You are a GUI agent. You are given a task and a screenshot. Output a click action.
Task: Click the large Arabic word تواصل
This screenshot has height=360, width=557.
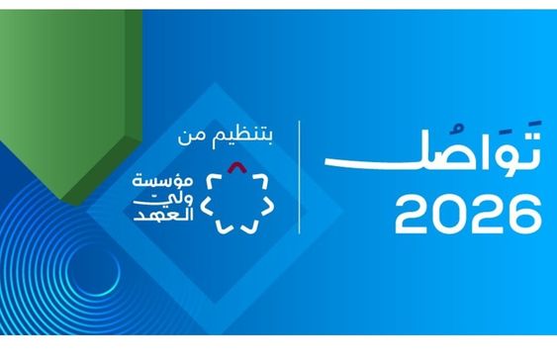pos(432,148)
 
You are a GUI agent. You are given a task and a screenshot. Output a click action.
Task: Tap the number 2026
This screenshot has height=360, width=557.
pos(468,214)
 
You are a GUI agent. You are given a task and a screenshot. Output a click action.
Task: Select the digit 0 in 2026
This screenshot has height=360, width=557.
pos(449,214)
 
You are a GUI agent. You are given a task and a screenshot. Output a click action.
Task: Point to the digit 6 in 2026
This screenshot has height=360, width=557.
pos(524,214)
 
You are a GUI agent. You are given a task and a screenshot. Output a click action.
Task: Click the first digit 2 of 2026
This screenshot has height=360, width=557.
pos(412,214)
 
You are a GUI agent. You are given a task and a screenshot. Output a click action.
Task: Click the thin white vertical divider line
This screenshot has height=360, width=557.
pos(300,177)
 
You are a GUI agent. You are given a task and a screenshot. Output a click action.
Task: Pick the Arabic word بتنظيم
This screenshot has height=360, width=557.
pos(242,137)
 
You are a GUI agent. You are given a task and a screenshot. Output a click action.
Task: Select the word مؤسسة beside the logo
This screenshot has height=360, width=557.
pos(163,181)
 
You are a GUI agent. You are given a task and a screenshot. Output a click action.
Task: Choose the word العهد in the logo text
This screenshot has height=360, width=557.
pos(163,216)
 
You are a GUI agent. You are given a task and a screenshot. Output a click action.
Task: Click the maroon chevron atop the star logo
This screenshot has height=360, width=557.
pos(237,167)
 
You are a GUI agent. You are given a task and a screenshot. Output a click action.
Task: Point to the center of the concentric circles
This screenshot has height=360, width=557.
pos(93,272)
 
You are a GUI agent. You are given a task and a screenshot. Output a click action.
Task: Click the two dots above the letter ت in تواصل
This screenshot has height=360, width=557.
pos(532,124)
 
